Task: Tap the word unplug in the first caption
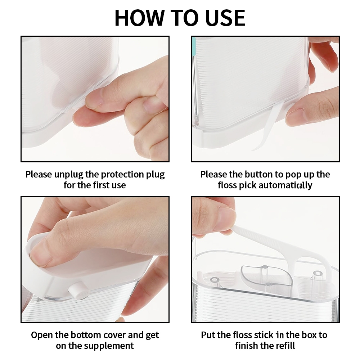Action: (69, 175)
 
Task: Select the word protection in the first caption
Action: (123, 175)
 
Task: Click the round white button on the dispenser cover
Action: (76, 291)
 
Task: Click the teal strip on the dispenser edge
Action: (194, 46)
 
